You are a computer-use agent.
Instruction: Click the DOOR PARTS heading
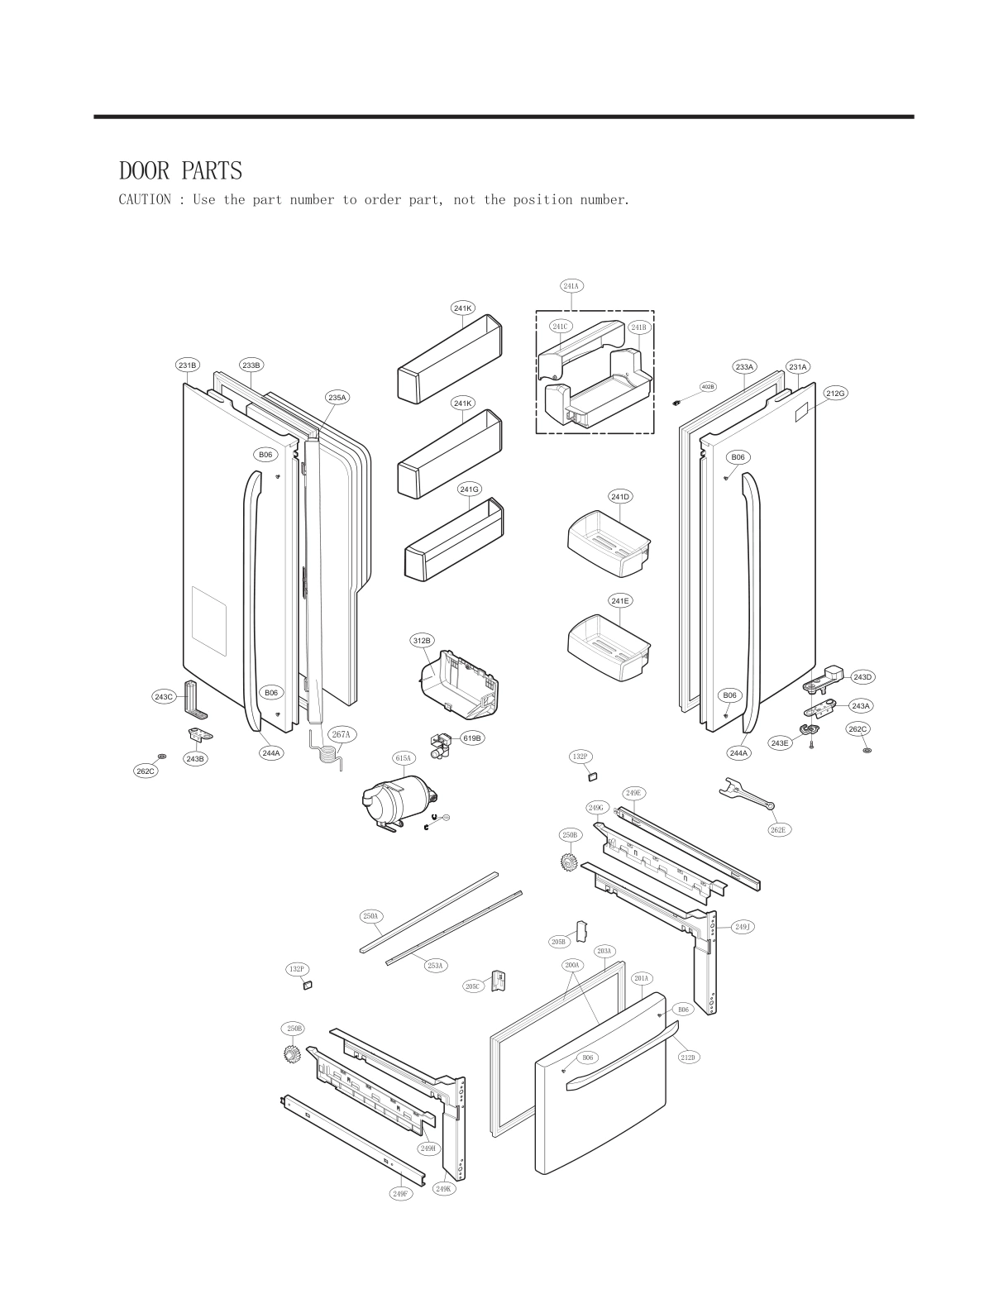tap(180, 171)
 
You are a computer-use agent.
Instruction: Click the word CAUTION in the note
tap(145, 200)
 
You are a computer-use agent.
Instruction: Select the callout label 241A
tap(571, 286)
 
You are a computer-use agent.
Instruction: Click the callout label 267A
tap(341, 734)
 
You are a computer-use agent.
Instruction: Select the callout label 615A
tap(403, 758)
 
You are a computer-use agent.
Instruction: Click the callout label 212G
tap(835, 394)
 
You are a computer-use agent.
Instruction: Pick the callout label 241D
tap(620, 497)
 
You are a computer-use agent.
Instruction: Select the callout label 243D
tap(862, 677)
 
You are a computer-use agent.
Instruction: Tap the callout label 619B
tap(471, 738)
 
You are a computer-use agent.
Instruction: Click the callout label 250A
tap(370, 916)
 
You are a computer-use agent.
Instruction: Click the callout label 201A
tap(642, 978)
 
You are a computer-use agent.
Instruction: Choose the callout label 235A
tap(337, 398)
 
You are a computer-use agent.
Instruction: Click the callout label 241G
tap(469, 489)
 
